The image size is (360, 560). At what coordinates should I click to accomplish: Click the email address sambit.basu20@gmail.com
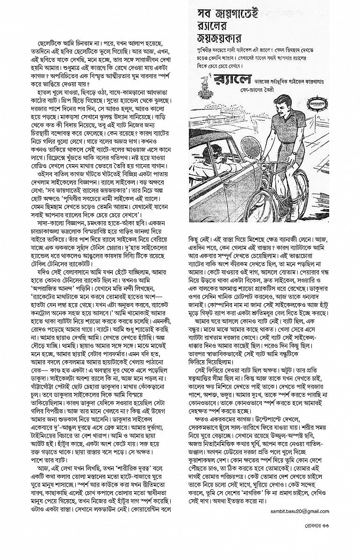299,511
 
